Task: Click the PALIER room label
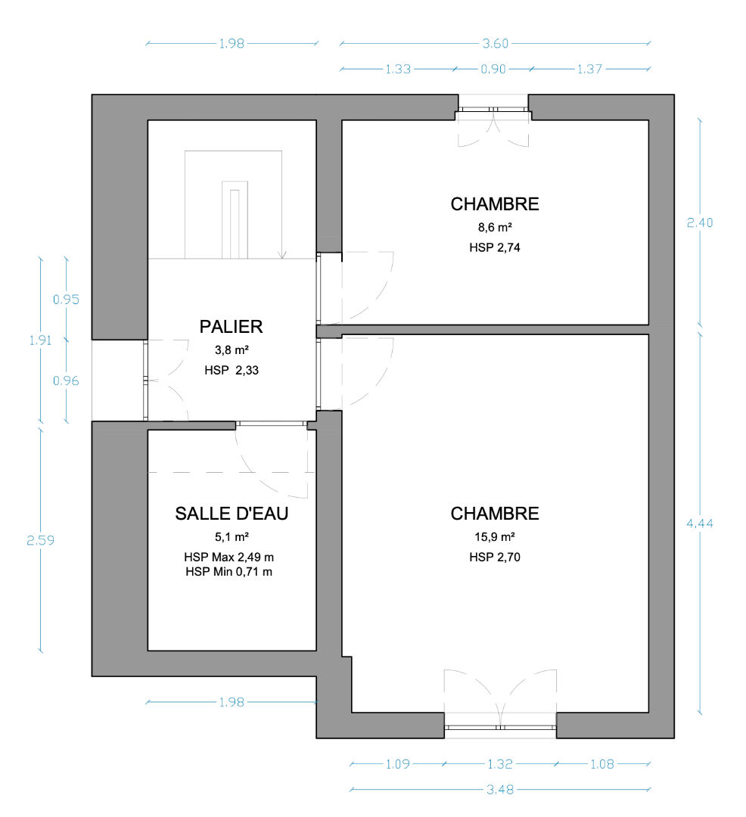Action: pyautogui.click(x=232, y=327)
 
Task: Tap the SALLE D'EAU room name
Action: pyautogui.click(x=232, y=514)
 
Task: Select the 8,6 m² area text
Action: pyautogui.click(x=495, y=227)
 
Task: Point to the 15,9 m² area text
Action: pyautogui.click(x=495, y=536)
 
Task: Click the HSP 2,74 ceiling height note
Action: pyautogui.click(x=495, y=247)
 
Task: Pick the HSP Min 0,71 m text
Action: pyautogui.click(x=229, y=572)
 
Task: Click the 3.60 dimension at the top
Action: pyautogui.click(x=495, y=43)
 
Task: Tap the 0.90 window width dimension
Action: pyautogui.click(x=493, y=69)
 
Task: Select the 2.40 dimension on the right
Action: pyautogui.click(x=700, y=222)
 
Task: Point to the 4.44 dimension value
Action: pyautogui.click(x=700, y=523)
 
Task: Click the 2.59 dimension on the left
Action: pyautogui.click(x=41, y=540)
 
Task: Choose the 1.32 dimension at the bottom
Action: pyautogui.click(x=500, y=764)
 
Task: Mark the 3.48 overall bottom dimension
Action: pyautogui.click(x=500, y=789)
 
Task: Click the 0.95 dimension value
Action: pyautogui.click(x=66, y=300)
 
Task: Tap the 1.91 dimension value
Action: pyautogui.click(x=41, y=340)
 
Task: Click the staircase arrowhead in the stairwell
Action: pyautogui.click(x=282, y=255)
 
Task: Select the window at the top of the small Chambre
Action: pyautogui.click(x=493, y=110)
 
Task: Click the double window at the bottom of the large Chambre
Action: pyautogui.click(x=500, y=726)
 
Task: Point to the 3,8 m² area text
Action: pyautogui.click(x=232, y=349)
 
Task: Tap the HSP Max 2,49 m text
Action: pyautogui.click(x=229, y=557)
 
